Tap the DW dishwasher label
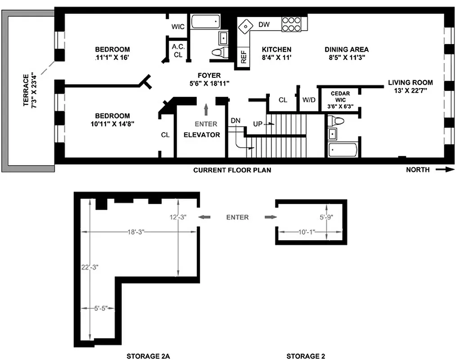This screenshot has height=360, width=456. pyautogui.click(x=264, y=24)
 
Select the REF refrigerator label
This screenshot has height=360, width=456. pyautogui.click(x=244, y=57)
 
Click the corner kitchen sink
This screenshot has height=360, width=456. pyautogui.click(x=246, y=27)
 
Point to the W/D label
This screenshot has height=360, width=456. pyautogui.click(x=308, y=99)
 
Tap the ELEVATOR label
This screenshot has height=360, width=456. pyautogui.click(x=202, y=135)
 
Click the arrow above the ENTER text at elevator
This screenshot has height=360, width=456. pyautogui.click(x=206, y=110)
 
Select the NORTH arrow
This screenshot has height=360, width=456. pyautogui.click(x=446, y=170)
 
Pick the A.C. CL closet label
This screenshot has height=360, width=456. pyautogui.click(x=178, y=50)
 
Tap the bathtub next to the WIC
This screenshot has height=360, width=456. pyautogui.click(x=206, y=22)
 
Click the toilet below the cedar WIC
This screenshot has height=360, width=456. pyautogui.click(x=335, y=121)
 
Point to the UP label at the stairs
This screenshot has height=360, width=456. pyautogui.click(x=258, y=123)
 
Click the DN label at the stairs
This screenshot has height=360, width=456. pyautogui.click(x=236, y=121)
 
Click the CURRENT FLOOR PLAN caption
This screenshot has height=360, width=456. pyautogui.click(x=232, y=170)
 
